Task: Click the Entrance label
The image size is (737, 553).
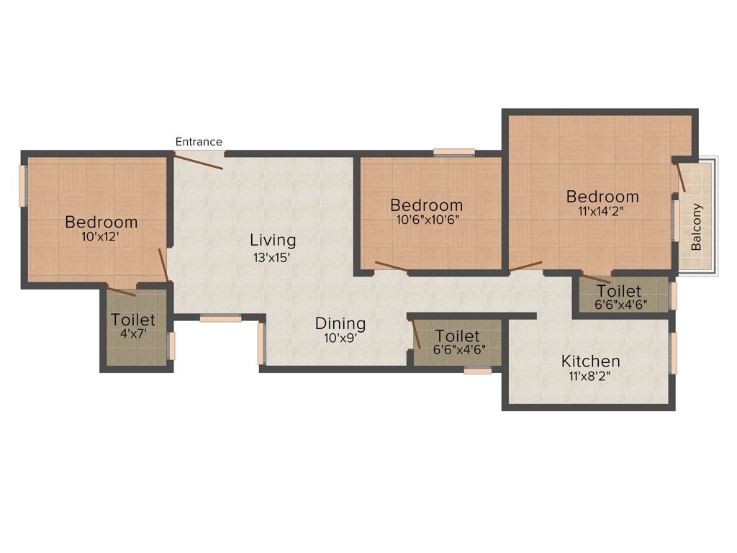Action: (x=199, y=142)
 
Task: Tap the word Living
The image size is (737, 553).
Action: (x=273, y=240)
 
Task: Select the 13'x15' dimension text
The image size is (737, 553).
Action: (x=273, y=257)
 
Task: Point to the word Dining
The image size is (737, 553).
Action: (x=340, y=324)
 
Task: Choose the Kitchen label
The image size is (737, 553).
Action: (x=590, y=361)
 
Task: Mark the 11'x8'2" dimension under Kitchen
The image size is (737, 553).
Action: (x=590, y=376)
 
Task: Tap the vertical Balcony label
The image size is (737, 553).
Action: (x=696, y=227)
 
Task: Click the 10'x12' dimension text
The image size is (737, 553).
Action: (x=101, y=236)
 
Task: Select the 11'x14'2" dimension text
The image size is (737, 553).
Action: (x=602, y=212)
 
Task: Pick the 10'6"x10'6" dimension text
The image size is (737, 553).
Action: (x=426, y=220)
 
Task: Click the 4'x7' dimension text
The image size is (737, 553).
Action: (x=132, y=334)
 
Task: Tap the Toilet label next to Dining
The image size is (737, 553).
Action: (x=458, y=336)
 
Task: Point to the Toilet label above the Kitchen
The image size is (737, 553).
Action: (x=619, y=292)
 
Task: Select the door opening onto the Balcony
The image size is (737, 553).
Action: (x=679, y=177)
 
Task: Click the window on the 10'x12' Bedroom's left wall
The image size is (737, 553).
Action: (x=22, y=186)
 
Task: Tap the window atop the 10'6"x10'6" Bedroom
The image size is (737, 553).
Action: (x=454, y=152)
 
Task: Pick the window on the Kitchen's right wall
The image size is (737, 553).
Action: (x=674, y=354)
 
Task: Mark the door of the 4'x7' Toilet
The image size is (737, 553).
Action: (x=121, y=292)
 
